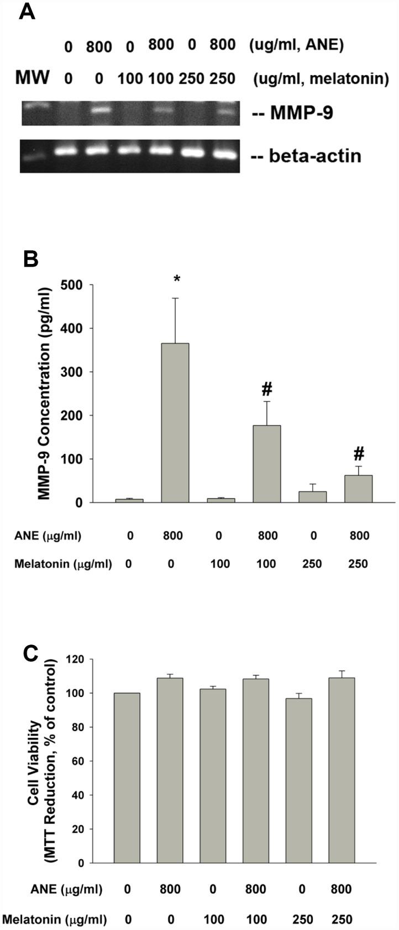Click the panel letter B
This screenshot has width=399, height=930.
pos(30,258)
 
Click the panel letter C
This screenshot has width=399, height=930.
pos(30,654)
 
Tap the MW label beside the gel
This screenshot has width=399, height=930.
pos(32,78)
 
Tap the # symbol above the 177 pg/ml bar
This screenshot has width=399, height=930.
pos(267,390)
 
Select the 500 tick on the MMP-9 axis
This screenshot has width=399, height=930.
pos(77,285)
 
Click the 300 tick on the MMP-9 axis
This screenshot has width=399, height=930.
pos(77,372)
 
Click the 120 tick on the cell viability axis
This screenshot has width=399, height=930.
pos(77,659)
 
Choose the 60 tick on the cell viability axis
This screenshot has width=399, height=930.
pos(80,761)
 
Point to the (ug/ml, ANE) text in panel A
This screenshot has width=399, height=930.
pos(296,45)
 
